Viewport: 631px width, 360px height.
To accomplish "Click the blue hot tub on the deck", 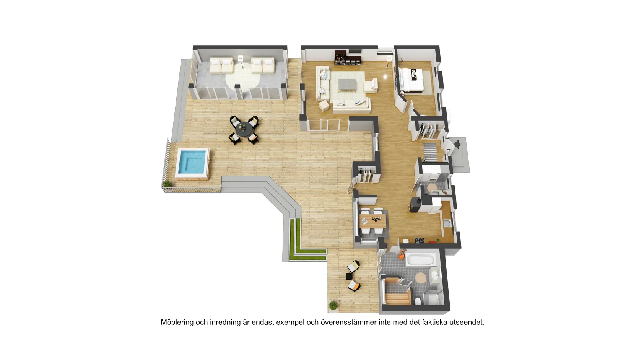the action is [x=193, y=163].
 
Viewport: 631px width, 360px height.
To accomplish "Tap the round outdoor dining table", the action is [x=244, y=129].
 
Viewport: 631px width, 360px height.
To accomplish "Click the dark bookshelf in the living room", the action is [x=348, y=58].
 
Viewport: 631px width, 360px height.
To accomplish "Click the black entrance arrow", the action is [x=457, y=144].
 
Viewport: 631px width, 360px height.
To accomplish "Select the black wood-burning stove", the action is [x=415, y=205].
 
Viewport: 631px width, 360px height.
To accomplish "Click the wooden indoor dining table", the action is [x=373, y=221].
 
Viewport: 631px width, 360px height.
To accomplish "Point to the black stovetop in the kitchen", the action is [x=420, y=241].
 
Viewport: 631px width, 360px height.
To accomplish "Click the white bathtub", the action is [x=421, y=260].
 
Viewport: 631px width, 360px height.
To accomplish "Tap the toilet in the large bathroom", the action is [x=418, y=301].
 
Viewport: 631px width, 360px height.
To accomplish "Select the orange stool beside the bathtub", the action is [x=401, y=257].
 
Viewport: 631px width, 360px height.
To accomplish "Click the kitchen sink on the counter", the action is [x=447, y=223].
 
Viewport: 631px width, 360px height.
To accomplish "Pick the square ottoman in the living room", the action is [x=324, y=106].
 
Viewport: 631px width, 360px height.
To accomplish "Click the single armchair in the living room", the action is [x=371, y=86].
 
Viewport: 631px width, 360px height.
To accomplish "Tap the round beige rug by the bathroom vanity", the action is [x=421, y=277].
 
